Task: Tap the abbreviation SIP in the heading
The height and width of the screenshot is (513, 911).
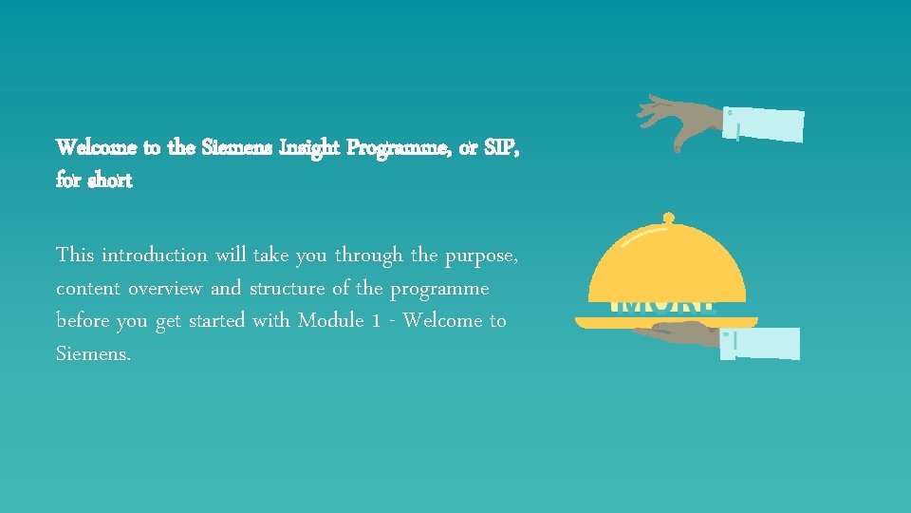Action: (498, 147)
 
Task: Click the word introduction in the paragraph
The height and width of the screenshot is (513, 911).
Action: (154, 255)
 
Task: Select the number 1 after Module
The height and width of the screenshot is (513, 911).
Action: (377, 321)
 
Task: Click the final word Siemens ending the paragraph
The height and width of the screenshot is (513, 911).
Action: (92, 353)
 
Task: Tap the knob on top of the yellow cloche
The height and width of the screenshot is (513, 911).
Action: (668, 218)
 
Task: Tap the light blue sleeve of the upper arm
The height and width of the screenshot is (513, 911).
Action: (763, 124)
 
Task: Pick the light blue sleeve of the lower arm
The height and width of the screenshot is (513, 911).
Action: (760, 343)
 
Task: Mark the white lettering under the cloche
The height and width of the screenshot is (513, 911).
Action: (661, 306)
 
